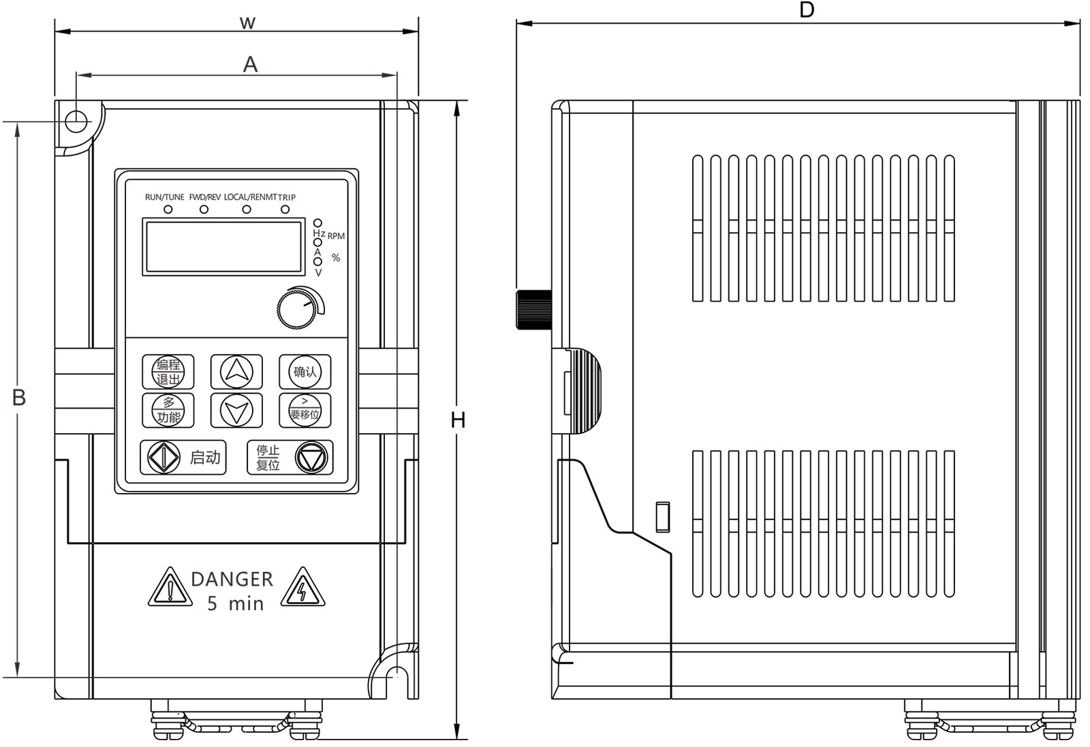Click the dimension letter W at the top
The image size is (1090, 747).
247,22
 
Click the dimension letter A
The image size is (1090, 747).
251,65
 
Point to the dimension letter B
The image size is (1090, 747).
19,397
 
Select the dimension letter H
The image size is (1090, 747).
458,420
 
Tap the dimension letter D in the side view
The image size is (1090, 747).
807,10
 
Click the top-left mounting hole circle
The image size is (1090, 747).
76,121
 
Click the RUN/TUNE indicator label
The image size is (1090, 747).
164,197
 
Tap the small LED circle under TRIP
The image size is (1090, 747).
285,209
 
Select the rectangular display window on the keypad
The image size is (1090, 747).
223,247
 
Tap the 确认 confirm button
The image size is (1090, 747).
305,372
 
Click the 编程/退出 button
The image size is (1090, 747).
168,372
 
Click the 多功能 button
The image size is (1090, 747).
168,411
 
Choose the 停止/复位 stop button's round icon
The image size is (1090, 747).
311,458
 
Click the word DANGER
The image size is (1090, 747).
232,579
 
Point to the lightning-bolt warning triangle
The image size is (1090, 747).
302,589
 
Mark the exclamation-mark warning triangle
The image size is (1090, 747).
169,589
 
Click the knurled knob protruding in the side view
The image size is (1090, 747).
533,310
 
